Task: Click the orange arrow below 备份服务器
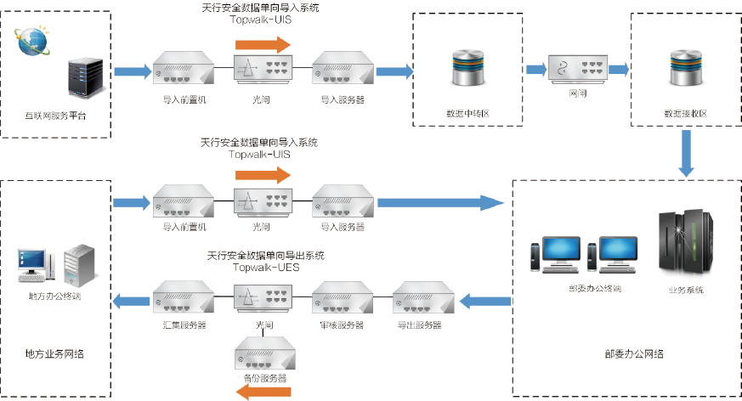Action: coord(263,392)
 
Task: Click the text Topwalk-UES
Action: coord(264,267)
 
